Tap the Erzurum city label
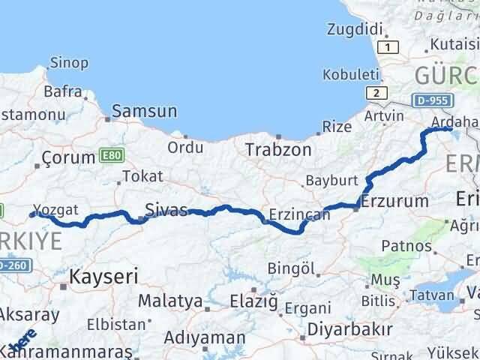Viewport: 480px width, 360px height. (x=394, y=200)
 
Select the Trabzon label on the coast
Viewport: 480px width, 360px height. (x=278, y=149)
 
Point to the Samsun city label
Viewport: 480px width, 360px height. (x=146, y=112)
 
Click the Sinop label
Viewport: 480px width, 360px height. (x=69, y=63)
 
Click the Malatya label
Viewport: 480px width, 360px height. (x=171, y=301)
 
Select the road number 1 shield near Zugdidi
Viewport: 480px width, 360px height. (x=387, y=48)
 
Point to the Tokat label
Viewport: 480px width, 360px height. (x=142, y=177)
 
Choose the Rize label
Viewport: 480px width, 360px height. (x=337, y=127)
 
